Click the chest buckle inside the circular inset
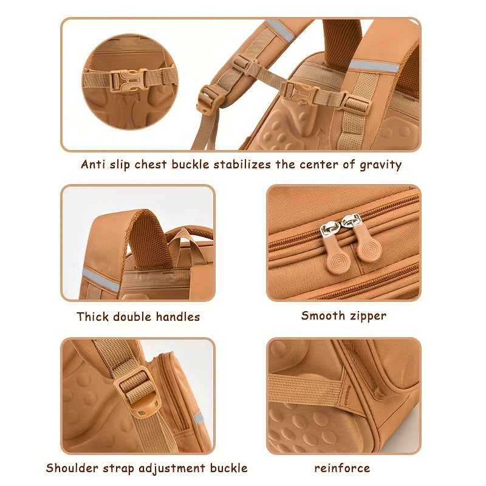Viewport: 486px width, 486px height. (x=129, y=80)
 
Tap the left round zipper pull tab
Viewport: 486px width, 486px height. (x=338, y=254)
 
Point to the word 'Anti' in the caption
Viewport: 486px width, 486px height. (x=92, y=164)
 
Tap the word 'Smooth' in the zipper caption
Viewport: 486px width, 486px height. (x=323, y=315)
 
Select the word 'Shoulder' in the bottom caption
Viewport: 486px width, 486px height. (x=72, y=468)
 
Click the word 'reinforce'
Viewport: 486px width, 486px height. (x=342, y=468)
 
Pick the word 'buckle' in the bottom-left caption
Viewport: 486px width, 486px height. (x=229, y=468)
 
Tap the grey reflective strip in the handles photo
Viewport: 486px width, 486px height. (x=101, y=280)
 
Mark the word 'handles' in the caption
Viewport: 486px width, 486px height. (x=178, y=317)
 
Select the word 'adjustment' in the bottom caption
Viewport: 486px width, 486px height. (x=172, y=468)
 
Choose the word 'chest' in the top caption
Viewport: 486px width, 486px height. (x=151, y=164)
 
